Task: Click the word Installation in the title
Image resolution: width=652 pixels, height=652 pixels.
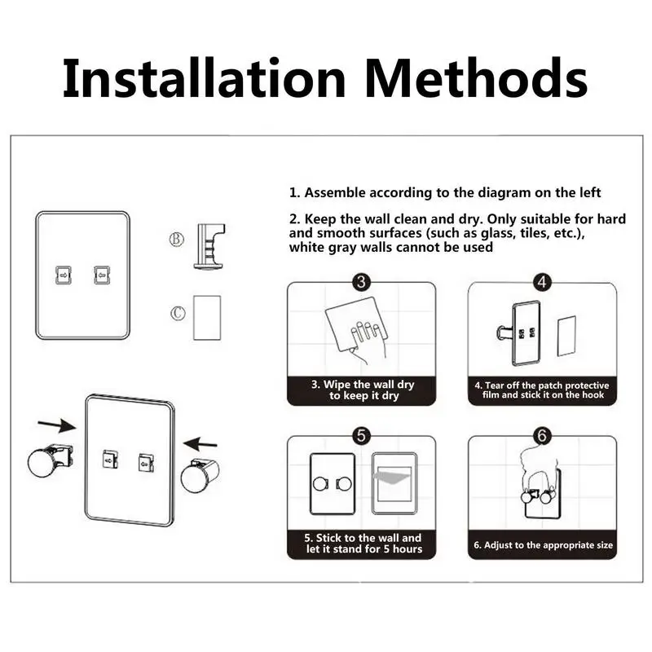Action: click(x=205, y=77)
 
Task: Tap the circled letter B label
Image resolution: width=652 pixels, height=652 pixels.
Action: click(x=176, y=239)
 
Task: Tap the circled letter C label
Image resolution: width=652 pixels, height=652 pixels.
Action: click(x=178, y=313)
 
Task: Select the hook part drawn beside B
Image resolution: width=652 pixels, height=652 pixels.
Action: click(x=209, y=247)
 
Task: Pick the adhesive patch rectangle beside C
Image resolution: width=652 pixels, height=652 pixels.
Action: click(x=207, y=318)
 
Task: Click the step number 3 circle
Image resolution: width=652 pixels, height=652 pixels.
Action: click(x=361, y=282)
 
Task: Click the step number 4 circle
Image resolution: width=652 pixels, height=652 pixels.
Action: click(x=542, y=282)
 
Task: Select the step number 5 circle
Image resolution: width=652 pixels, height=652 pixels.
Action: click(x=361, y=436)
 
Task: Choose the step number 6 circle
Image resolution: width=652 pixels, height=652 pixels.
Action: click(x=542, y=436)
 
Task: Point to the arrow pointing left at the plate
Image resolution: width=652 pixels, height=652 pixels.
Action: click(x=200, y=443)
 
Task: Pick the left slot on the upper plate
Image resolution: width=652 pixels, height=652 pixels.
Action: click(x=64, y=275)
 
